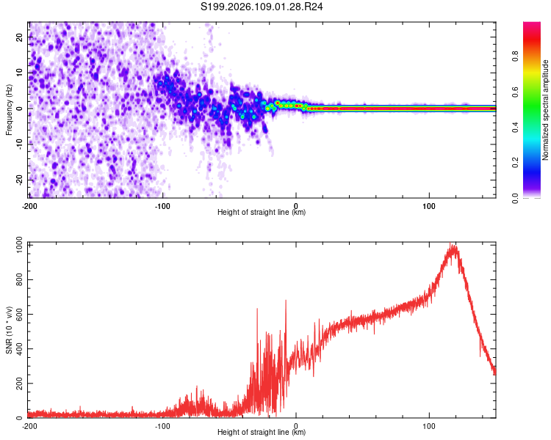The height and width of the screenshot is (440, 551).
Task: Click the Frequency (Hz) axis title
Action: click(x=9, y=109)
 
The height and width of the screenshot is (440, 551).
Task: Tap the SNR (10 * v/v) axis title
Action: click(x=9, y=329)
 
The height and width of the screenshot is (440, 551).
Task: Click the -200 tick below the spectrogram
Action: click(x=29, y=205)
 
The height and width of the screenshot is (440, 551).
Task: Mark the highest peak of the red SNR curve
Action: click(x=454, y=245)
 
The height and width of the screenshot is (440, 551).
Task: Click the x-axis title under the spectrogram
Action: click(x=262, y=213)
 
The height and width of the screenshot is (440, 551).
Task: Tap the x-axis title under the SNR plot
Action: click(x=262, y=433)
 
